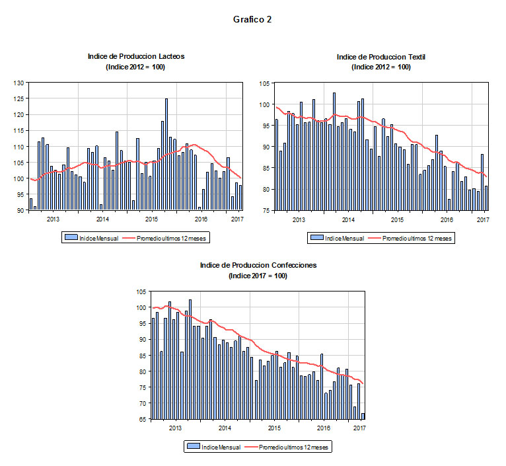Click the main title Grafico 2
pyautogui.click(x=252, y=20)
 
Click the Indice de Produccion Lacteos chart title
pyautogui.click(x=136, y=56)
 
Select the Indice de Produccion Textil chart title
pyautogui.click(x=381, y=57)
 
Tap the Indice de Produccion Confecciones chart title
pyautogui.click(x=258, y=265)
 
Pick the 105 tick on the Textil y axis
pyautogui.click(x=266, y=83)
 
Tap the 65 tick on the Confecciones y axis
pyautogui.click(x=142, y=419)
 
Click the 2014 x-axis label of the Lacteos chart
pyautogui.click(x=102, y=219)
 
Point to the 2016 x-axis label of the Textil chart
pyautogui.click(x=447, y=219)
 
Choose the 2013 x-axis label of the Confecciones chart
pyautogui.click(x=175, y=428)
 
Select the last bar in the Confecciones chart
pyautogui.click(x=363, y=416)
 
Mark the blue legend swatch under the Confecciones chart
pyautogui.click(x=193, y=447)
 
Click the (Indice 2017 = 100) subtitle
pyautogui.click(x=258, y=275)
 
